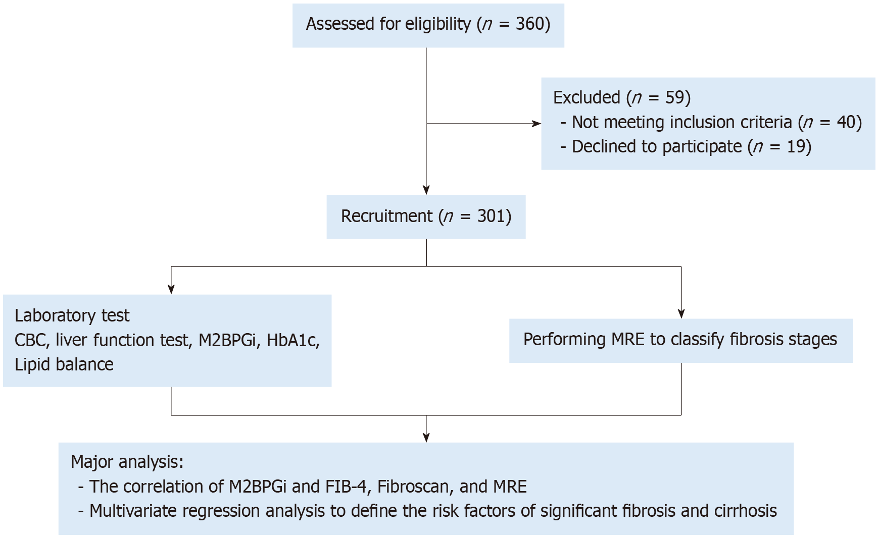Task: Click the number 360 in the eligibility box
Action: click(x=529, y=24)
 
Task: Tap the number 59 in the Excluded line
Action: click(x=675, y=97)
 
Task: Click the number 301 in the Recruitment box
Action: click(x=491, y=216)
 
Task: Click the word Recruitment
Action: click(x=386, y=216)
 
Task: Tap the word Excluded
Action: click(x=587, y=97)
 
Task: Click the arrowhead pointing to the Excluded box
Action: click(x=536, y=124)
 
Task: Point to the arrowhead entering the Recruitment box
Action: click(x=426, y=190)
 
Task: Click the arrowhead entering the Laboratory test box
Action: click(x=171, y=289)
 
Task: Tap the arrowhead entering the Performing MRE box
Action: click(x=681, y=313)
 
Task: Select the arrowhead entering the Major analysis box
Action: click(x=426, y=438)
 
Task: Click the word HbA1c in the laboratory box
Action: click(x=293, y=340)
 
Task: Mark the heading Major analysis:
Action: click(x=127, y=462)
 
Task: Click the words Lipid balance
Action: click(x=64, y=364)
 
